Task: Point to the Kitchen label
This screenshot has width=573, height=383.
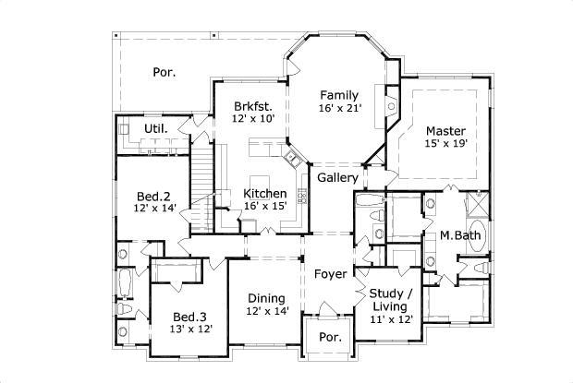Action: pyautogui.click(x=264, y=193)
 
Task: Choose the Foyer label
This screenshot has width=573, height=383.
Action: pyautogui.click(x=330, y=274)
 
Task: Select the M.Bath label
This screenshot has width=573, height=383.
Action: pyautogui.click(x=459, y=235)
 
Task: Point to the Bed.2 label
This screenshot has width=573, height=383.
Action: pyautogui.click(x=153, y=197)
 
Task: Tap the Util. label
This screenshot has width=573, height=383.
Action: pyautogui.click(x=155, y=127)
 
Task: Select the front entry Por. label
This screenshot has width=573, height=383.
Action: pyautogui.click(x=330, y=338)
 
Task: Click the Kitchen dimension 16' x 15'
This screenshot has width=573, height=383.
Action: pyautogui.click(x=264, y=206)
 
